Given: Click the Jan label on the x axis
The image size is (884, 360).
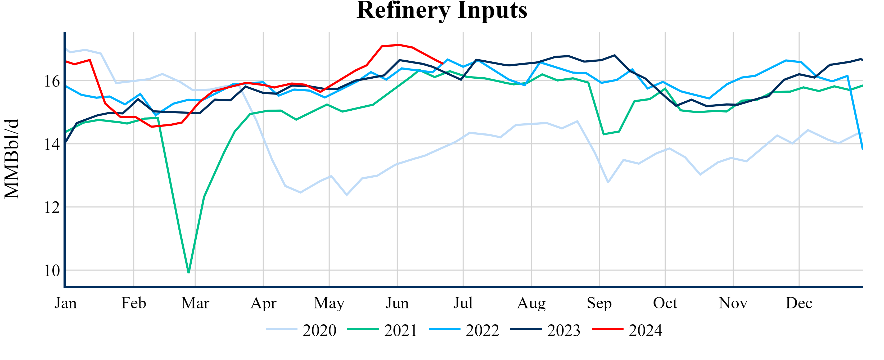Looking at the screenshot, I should (66, 303).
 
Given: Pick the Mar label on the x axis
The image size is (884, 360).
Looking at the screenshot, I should (195, 303).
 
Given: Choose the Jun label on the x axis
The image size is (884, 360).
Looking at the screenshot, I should (397, 303).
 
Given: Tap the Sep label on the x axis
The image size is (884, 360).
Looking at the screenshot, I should (599, 303).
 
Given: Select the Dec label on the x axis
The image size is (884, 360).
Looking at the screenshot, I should (799, 303).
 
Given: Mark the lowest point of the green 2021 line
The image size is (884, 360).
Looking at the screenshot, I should (189, 272).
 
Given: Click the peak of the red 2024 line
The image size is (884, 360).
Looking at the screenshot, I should (399, 45).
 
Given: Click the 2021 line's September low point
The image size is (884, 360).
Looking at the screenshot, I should (604, 134).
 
